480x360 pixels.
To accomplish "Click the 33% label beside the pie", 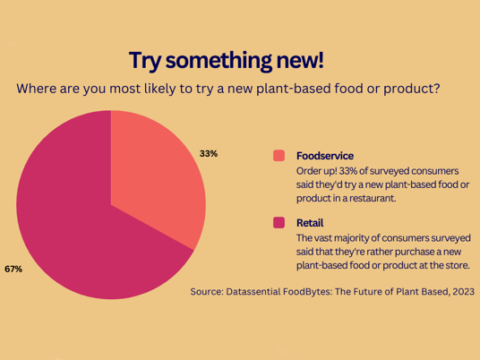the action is point(209,153).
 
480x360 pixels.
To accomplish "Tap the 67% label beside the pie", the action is point(13,269).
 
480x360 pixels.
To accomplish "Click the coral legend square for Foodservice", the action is point(279,156).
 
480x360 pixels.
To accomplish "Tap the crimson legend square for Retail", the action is point(279,223).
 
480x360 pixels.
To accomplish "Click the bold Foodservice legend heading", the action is point(325,156).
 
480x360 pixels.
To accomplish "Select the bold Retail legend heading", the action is point(310,223).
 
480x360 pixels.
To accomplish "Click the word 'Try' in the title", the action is point(145,61).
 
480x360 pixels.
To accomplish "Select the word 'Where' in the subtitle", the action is point(36,89).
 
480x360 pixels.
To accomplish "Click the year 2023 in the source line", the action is point(464,291).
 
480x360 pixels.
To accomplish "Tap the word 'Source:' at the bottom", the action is point(207,291).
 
